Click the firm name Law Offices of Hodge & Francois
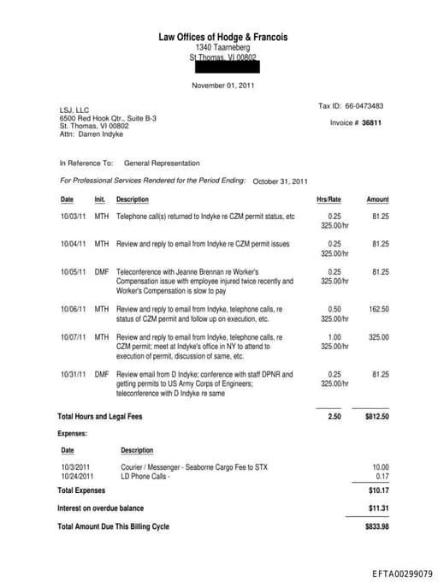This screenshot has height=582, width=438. point(223,37)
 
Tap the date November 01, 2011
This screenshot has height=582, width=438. point(222,86)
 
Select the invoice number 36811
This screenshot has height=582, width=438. point(371,122)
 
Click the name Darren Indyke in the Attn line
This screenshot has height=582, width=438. point(101,134)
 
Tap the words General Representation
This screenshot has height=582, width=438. point(162,163)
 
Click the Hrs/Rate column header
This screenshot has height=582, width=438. point(328,199)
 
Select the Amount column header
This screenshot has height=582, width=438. point(377,199)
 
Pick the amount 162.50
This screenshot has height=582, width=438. point(378,309)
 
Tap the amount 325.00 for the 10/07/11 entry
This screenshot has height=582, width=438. point(378,337)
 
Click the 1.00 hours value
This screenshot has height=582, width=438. point(334,337)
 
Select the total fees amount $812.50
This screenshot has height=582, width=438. point(376,417)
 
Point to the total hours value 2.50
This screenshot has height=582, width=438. point(334,417)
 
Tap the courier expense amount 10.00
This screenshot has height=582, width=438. point(380,466)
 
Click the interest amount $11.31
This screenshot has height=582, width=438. point(377,508)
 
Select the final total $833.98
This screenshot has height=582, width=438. point(376,526)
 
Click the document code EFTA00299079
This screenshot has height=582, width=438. point(402,573)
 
